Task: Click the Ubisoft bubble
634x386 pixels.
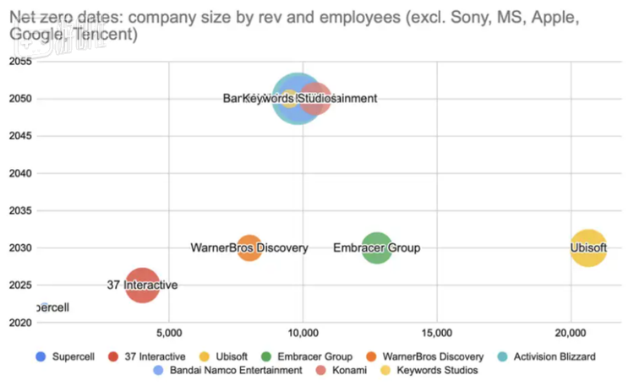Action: point(588,248)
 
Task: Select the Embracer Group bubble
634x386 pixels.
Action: point(377,248)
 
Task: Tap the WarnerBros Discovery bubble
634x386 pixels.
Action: point(249,248)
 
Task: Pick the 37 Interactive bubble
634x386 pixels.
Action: point(143,285)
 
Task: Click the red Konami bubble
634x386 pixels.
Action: point(316,99)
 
